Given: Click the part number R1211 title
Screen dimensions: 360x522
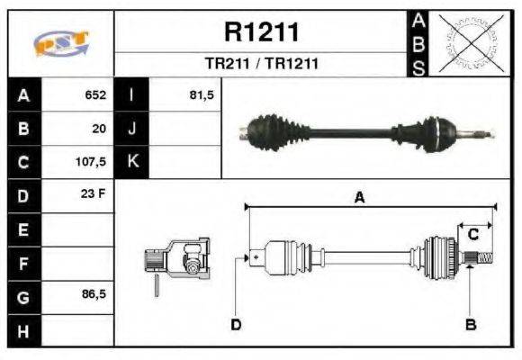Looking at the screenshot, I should [x=261, y=33].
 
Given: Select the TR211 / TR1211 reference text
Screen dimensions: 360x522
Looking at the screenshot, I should [x=261, y=65].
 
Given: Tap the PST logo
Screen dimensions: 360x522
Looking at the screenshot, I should [x=61, y=43].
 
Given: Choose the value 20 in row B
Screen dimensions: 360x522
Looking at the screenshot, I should [x=99, y=129].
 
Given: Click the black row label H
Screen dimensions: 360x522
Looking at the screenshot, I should [x=23, y=330].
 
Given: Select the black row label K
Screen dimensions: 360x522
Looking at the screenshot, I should [x=131, y=163].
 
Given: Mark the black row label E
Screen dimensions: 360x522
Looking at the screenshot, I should [x=23, y=229].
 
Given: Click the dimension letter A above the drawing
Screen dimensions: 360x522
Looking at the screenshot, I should [x=358, y=200].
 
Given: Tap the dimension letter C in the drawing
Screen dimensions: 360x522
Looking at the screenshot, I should [x=472, y=235].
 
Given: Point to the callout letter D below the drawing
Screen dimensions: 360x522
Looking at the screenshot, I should [x=236, y=324].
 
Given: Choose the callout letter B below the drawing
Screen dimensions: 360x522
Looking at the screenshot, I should [x=470, y=324].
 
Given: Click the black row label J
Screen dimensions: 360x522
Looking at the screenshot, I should [x=131, y=129].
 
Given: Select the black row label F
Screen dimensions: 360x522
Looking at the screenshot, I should [x=23, y=263].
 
